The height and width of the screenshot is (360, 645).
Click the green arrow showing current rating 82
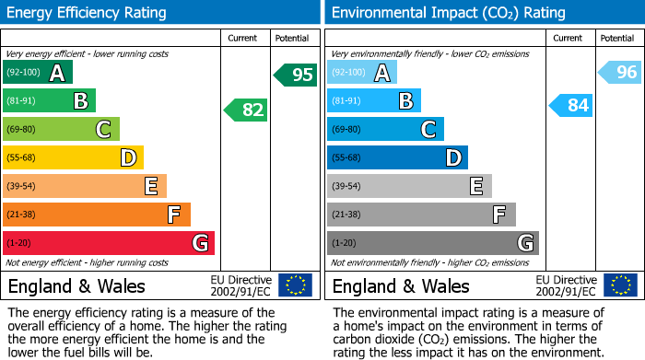pyautogui.click(x=246, y=110)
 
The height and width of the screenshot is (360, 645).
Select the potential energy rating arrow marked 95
pyautogui.click(x=296, y=75)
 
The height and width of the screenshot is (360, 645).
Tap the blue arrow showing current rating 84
pyautogui.click(x=570, y=106)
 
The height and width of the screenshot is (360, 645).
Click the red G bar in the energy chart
pyautogui.click(x=109, y=243)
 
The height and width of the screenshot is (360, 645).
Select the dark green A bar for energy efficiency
pyautogui.click(x=38, y=73)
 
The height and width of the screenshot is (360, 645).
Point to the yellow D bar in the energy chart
pyautogui.click(x=73, y=158)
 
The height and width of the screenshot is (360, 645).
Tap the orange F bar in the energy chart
pyautogui.click(x=97, y=215)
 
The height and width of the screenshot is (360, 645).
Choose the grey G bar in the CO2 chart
pyautogui.click(x=432, y=243)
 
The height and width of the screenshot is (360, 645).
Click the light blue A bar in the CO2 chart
pyautogui.click(x=362, y=73)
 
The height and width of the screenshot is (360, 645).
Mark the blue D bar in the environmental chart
pyautogui.click(x=397, y=158)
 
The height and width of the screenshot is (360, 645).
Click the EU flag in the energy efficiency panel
pyautogui.click(x=296, y=285)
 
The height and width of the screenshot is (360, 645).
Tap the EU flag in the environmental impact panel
pyautogui.click(x=620, y=285)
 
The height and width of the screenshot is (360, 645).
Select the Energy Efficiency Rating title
pyautogui.click(x=88, y=13)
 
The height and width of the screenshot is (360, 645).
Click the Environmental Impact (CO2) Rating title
pyautogui.click(x=448, y=13)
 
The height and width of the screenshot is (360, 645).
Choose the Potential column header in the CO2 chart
pyautogui.click(x=617, y=38)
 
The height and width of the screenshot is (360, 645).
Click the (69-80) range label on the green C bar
pyautogui.click(x=19, y=130)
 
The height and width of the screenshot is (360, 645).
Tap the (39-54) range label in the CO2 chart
pyautogui.click(x=346, y=187)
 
